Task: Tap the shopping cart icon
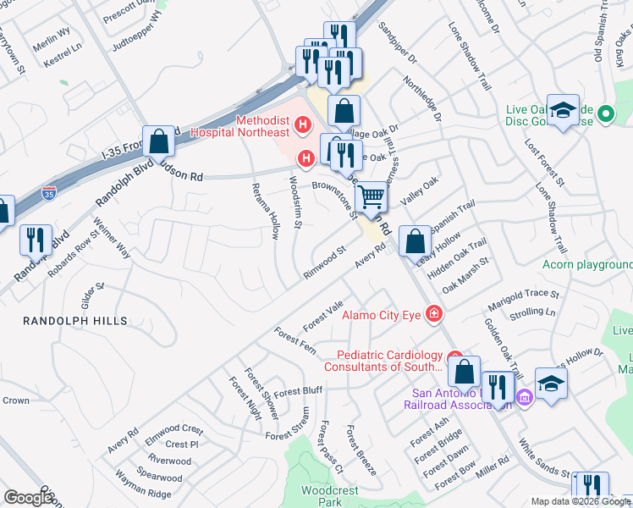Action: [x=372, y=198]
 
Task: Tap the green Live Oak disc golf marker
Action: [x=605, y=113]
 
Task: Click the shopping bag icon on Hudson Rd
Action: [x=158, y=141]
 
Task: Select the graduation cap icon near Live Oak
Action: [x=563, y=110]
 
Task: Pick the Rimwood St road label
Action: [x=325, y=263]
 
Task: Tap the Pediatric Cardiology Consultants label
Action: [x=390, y=361]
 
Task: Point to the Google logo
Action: [x=29, y=498]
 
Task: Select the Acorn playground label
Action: [x=587, y=264]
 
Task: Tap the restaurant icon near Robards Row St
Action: [x=35, y=240]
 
